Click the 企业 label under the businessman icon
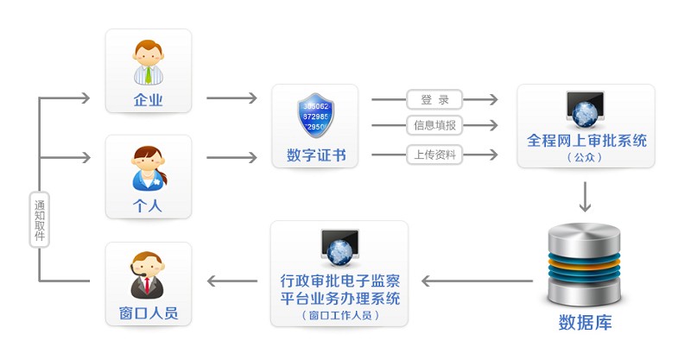click(x=148, y=100)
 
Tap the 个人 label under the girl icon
click(x=148, y=206)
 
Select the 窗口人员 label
click(x=148, y=313)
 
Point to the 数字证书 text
click(x=315, y=155)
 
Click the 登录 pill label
click(x=434, y=100)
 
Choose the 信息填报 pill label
click(x=434, y=126)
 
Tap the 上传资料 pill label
click(x=434, y=155)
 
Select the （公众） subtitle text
click(x=586, y=158)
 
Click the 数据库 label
click(x=585, y=323)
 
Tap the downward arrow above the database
click(x=585, y=197)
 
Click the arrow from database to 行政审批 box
click(x=475, y=281)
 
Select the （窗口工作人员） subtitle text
click(x=339, y=316)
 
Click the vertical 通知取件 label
click(x=39, y=219)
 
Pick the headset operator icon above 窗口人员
click(x=147, y=273)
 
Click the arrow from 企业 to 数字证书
click(x=231, y=98)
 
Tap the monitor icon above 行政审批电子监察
click(x=339, y=248)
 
